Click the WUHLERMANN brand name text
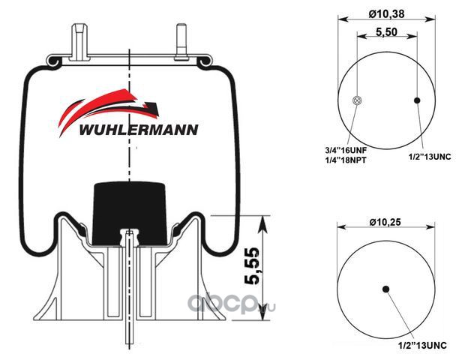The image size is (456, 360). pos(139,130)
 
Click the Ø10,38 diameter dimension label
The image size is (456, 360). pos(386,13)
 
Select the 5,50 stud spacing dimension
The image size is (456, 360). pos(386,31)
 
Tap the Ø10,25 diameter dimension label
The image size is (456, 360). pos(385,222)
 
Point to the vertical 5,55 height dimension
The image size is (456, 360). pos(251,265)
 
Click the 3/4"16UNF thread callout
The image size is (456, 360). pos(346,150)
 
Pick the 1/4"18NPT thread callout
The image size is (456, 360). pos(346,160)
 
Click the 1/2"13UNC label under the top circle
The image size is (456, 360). pos(430,157)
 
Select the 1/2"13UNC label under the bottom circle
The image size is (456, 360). pos(422,346)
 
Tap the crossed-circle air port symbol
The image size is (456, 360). pos(357,100)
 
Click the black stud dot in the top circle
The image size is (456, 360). pos(417,100)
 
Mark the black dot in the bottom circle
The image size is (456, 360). pos(386,289)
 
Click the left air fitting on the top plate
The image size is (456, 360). pos(80,42)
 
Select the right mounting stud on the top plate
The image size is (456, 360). pos(180,42)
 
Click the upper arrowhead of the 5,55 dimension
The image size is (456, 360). pos(263,223)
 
